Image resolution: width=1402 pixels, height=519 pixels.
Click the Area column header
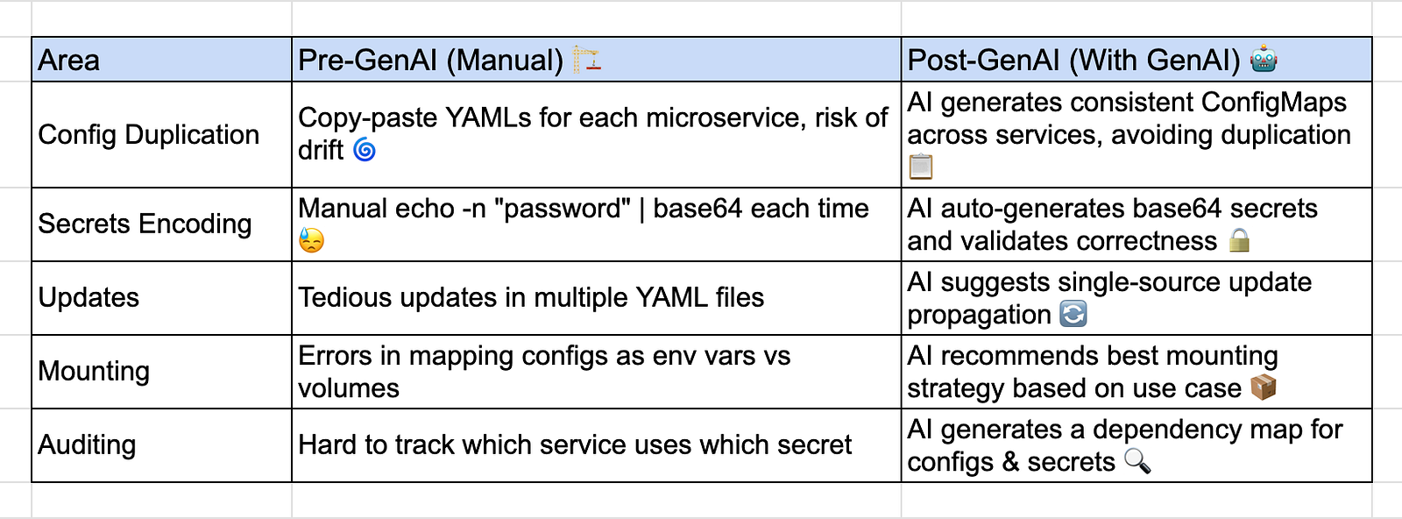tap(68, 60)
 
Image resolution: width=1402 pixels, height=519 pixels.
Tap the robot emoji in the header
tap(1264, 59)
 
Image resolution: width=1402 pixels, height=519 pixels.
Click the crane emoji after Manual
tap(586, 59)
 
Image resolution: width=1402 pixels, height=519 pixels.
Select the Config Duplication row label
tap(148, 135)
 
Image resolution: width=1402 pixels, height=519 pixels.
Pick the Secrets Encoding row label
tap(145, 224)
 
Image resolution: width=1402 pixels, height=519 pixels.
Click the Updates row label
tap(89, 297)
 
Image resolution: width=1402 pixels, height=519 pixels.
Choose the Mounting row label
tap(94, 371)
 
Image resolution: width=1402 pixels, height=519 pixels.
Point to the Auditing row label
tap(87, 444)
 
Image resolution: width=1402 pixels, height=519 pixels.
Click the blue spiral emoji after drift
tap(365, 150)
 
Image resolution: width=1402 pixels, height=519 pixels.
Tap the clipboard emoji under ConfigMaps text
tap(921, 167)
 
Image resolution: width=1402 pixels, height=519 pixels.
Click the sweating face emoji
tap(311, 240)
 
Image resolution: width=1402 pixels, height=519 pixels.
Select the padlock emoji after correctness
tap(1239, 240)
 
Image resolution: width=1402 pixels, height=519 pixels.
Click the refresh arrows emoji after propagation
tap(1073, 314)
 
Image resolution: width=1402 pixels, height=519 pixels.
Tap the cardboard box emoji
tap(1263, 387)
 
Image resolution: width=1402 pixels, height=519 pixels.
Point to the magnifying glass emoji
tap(1137, 461)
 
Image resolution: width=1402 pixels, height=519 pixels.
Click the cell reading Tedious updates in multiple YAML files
tap(531, 297)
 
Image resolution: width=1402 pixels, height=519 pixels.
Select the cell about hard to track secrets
tap(575, 444)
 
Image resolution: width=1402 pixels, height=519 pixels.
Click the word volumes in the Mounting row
tap(349, 388)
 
